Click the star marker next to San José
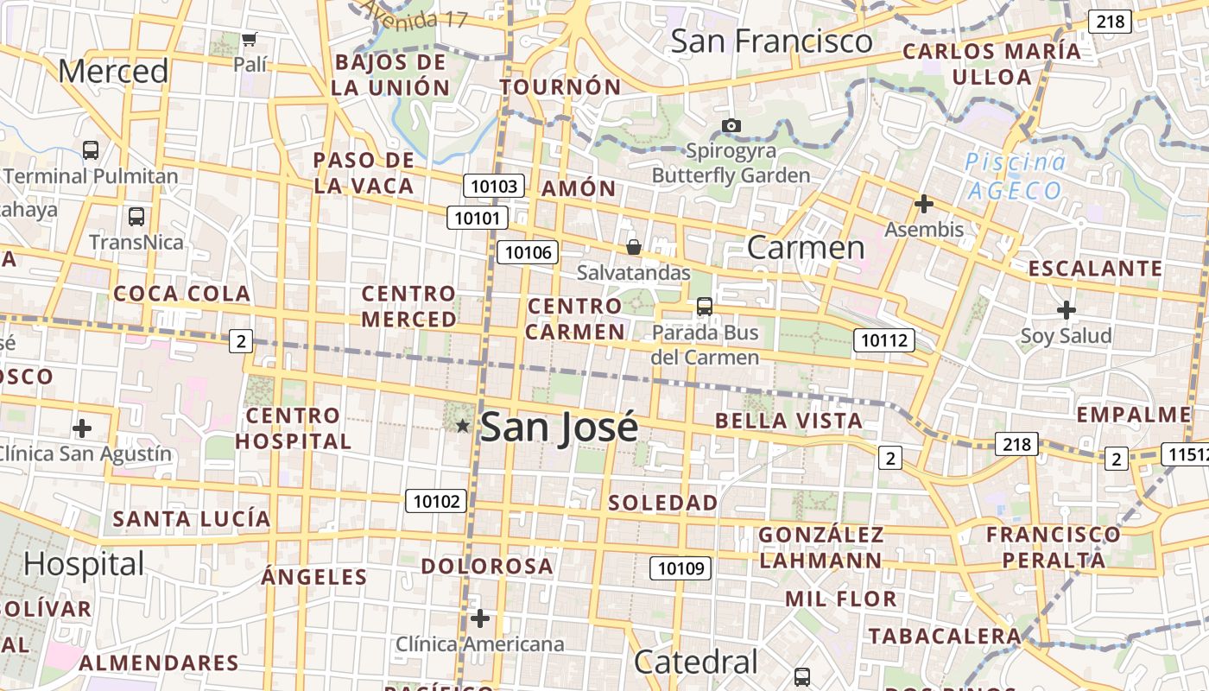pos(463,425)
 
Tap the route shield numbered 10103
pos(494,186)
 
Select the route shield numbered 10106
pos(527,252)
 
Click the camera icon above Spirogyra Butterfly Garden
pos(731,126)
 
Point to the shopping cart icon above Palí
pos(250,39)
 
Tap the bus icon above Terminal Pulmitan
pos(91,149)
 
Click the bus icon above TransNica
pos(136,216)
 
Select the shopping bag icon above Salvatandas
pos(633,248)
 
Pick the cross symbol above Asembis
pos(924,205)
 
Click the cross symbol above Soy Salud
pos(1067,310)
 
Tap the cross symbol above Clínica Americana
pos(480,618)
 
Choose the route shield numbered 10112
pos(884,340)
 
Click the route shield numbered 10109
pos(680,567)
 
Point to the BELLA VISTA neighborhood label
pos(788,422)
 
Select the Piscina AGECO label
pos(1015,176)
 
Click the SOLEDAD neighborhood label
pos(662,503)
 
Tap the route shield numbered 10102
pos(437,501)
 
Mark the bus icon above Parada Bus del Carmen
pos(705,307)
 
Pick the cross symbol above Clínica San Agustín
pos(82,428)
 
